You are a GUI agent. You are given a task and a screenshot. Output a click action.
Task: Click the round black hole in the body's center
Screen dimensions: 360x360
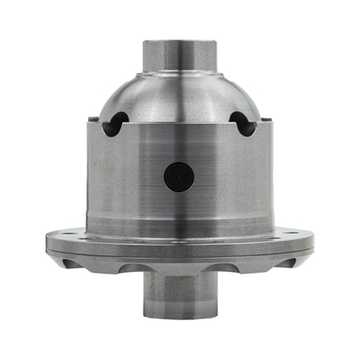pyautogui.click(x=179, y=177)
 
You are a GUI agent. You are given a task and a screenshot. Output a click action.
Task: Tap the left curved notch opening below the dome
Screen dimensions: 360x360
pyautogui.click(x=114, y=125)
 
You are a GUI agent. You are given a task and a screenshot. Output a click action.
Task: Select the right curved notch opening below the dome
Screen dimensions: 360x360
pyautogui.click(x=244, y=125)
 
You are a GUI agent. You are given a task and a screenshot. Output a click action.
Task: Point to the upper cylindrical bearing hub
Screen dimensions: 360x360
pyautogui.click(x=179, y=61)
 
